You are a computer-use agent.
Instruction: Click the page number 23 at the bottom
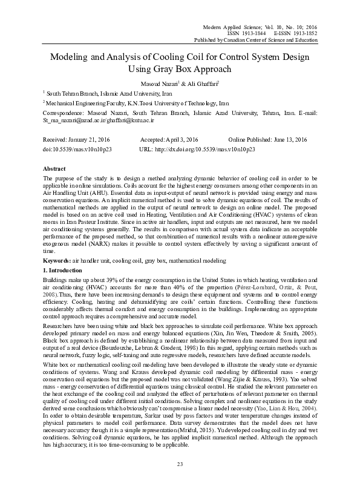tap(180, 464)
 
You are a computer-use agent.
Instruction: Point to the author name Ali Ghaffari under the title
tap(201, 82)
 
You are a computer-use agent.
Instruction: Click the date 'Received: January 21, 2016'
tap(77, 140)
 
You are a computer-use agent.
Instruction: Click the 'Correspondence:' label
tap(64, 113)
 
